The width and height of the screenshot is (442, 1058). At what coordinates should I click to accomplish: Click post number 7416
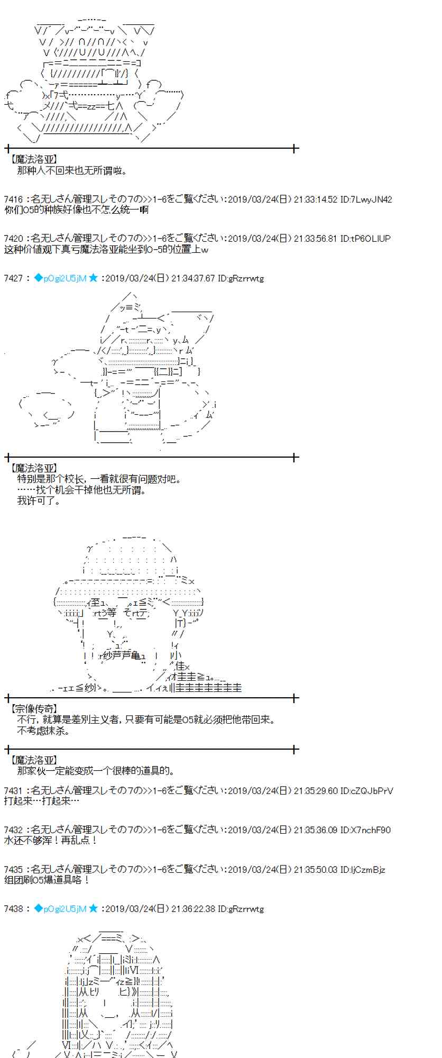[x=13, y=199]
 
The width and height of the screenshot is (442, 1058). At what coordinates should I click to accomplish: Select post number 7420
[x=13, y=239]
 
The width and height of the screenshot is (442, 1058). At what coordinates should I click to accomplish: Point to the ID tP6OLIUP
[x=370, y=239]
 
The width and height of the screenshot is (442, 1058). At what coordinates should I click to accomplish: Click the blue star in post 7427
[x=93, y=278]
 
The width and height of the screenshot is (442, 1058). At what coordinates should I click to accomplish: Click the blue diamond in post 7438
[x=38, y=908]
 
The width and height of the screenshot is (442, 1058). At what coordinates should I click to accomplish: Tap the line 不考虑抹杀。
[x=43, y=731]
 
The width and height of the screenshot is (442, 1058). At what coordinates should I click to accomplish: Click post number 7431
[x=13, y=791]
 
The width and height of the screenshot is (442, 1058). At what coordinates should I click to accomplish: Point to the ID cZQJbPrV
[x=372, y=791]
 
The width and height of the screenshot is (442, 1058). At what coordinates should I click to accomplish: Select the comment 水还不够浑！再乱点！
[x=50, y=840]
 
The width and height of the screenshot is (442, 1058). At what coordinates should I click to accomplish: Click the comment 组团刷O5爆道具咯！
[x=47, y=879]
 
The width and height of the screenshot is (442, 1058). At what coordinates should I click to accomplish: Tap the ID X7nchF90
[x=370, y=830]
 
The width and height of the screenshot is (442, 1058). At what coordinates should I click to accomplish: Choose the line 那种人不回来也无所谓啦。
[x=72, y=171]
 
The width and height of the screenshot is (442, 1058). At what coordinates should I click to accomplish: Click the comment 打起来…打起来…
[x=42, y=801]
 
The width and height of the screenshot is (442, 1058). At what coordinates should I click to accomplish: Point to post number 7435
[x=13, y=869]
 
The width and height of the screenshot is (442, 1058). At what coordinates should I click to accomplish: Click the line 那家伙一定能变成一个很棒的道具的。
[x=96, y=771]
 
